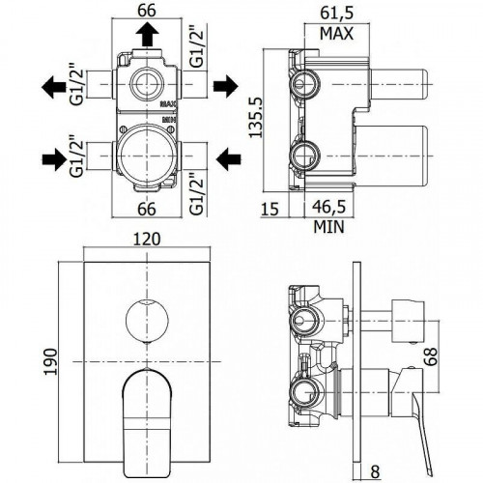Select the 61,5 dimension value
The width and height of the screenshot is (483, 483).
336,14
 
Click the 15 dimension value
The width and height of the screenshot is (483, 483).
270,208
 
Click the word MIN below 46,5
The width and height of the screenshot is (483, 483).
330,227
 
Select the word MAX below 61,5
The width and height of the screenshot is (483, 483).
336,34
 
